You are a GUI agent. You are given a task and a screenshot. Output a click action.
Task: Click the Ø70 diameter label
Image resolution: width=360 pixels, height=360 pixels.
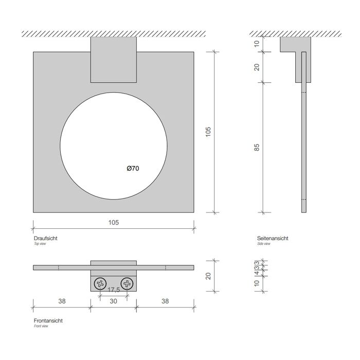click(x=133, y=168)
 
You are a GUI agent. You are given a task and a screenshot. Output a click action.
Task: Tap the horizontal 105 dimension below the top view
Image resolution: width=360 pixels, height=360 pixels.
click(x=114, y=222)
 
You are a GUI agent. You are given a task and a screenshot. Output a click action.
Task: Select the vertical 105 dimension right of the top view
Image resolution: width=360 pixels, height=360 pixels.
click(x=208, y=132)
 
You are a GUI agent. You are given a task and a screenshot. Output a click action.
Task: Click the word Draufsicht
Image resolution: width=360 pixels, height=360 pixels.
click(x=45, y=239)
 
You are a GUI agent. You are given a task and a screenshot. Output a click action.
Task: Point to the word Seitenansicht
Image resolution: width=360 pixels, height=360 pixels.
click(x=273, y=239)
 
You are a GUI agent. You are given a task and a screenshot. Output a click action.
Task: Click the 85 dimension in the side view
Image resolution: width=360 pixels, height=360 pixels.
click(x=257, y=147)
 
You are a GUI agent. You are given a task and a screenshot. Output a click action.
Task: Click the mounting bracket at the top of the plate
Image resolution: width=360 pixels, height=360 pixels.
click(x=114, y=60)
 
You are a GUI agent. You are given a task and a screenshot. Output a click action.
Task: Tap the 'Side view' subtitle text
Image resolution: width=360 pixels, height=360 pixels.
click(x=264, y=244)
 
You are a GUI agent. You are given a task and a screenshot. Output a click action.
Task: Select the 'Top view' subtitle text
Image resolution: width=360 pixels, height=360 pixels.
click(x=40, y=244)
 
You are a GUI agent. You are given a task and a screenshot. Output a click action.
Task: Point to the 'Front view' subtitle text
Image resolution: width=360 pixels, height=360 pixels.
click(x=42, y=326)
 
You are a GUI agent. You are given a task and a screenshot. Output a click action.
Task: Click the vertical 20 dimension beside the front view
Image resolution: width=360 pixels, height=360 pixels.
click(x=208, y=276)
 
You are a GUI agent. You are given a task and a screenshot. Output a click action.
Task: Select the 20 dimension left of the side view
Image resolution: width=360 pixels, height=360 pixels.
click(x=257, y=67)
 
